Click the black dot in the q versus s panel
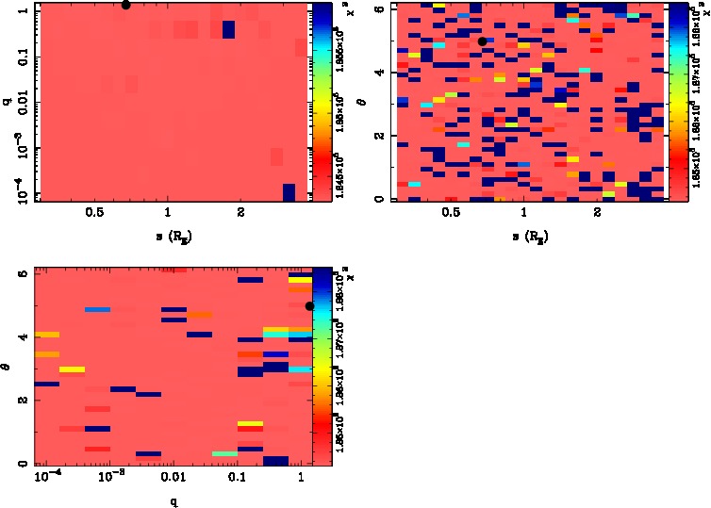click(x=125, y=4)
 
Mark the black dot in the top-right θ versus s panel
click(x=482, y=41)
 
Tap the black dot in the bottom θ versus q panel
click(x=309, y=305)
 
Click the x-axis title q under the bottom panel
click(x=174, y=500)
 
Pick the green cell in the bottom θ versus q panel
click(x=224, y=454)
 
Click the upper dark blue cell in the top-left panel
click(x=228, y=30)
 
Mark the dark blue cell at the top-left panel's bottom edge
click(x=289, y=192)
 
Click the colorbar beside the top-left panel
click(x=321, y=101)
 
